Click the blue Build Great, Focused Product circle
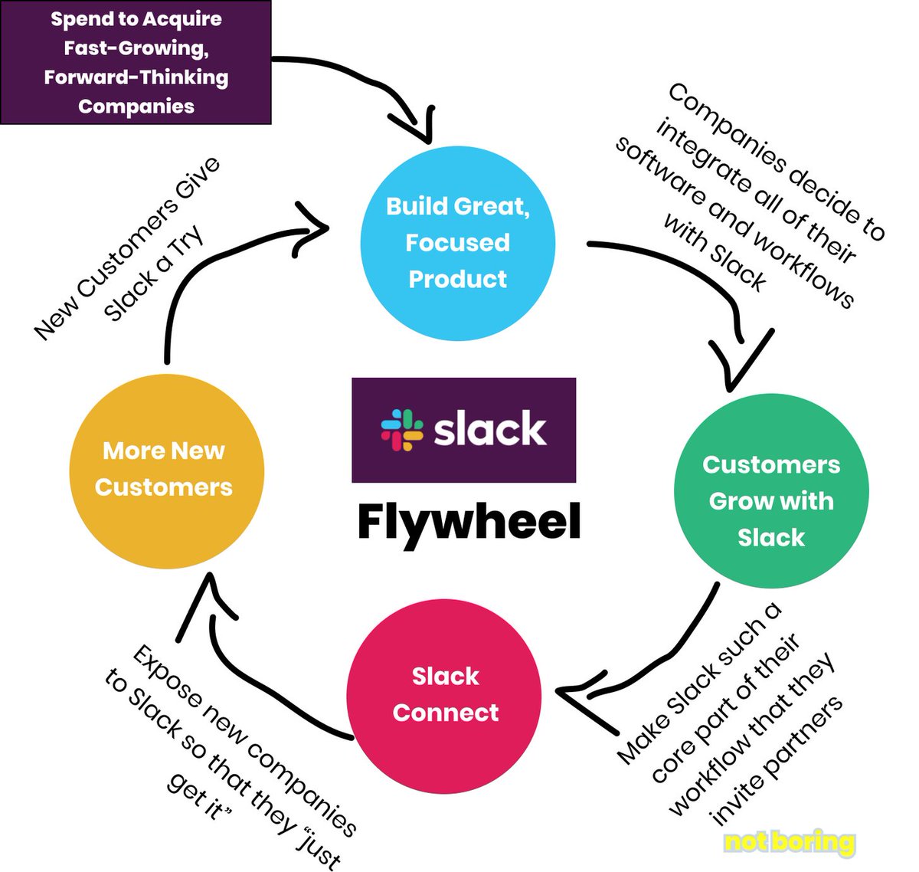pyautogui.click(x=457, y=243)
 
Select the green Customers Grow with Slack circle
pyautogui.click(x=770, y=491)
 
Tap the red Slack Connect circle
pyautogui.click(x=444, y=695)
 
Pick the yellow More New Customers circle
pyautogui.click(x=166, y=470)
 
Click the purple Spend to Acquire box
pyautogui.click(x=136, y=62)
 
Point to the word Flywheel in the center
pyautogui.click(x=469, y=523)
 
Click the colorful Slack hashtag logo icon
pyautogui.click(x=402, y=429)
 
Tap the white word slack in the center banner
pyautogui.click(x=490, y=429)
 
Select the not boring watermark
pyautogui.click(x=789, y=842)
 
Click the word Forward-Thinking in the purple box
pyautogui.click(x=136, y=77)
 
